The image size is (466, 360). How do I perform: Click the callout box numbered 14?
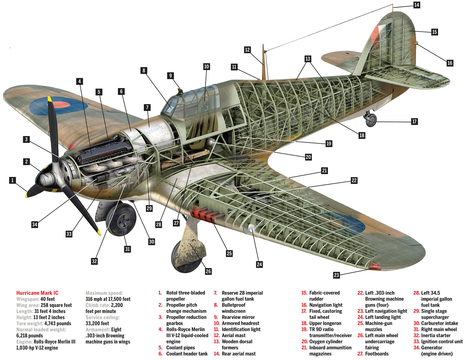tap(416, 5)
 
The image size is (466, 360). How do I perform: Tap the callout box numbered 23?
tap(336, 275)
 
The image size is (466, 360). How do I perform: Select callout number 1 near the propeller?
tap(12, 180)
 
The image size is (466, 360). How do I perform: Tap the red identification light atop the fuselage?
tap(259, 79)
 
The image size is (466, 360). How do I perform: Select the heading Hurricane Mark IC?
tap(37, 293)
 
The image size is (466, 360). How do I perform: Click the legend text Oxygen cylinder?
tap(326, 342)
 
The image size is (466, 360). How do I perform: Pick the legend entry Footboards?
tap(377, 354)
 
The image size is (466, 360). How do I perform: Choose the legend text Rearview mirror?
tap(238, 317)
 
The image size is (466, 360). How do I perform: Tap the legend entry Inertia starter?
tap(435, 336)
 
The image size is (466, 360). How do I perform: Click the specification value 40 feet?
tap(47, 299)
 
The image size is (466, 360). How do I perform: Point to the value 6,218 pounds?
tap(29, 336)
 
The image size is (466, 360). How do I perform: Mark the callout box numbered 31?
tap(127, 249)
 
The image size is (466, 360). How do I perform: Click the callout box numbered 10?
tap(206, 66)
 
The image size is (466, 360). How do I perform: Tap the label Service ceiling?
tap(103, 317)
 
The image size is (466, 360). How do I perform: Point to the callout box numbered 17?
tap(414, 121)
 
